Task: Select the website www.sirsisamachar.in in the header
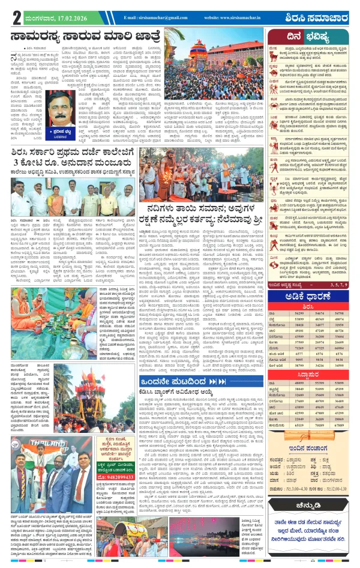231,18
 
